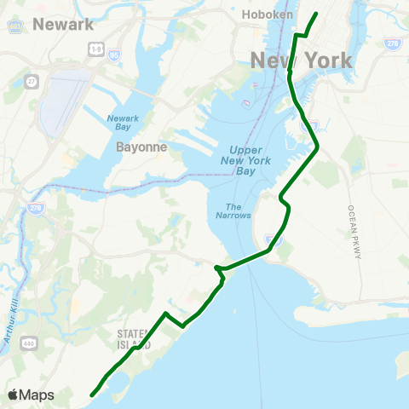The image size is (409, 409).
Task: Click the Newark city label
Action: click(x=63, y=24)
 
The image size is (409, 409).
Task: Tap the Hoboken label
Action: click(x=268, y=14)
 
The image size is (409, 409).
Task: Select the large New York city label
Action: click(x=301, y=60)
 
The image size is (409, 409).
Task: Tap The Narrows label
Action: click(x=238, y=210)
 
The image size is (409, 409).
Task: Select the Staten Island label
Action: click(x=133, y=339)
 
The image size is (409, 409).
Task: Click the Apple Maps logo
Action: click(x=30, y=395)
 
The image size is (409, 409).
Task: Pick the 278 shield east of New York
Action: click(x=391, y=43)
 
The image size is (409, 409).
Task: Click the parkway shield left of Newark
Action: click(x=14, y=25)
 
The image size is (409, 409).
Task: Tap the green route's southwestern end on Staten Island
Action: click(x=92, y=394)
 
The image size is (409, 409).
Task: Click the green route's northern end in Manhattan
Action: click(x=316, y=14)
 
